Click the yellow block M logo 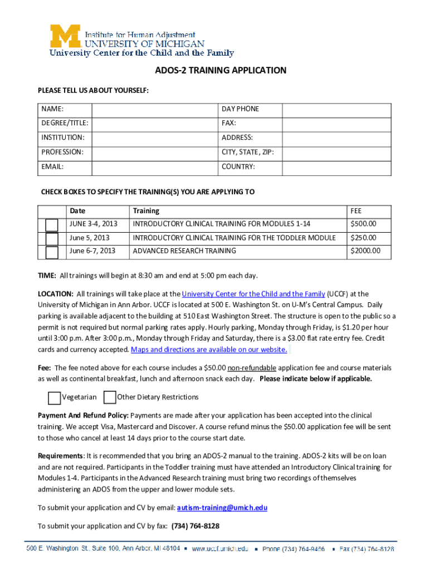click(x=66, y=36)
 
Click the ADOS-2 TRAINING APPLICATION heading click(x=220, y=71)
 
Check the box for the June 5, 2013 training click(x=52, y=238)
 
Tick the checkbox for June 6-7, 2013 click(x=52, y=252)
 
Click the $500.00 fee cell click(x=363, y=224)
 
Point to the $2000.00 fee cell click(x=365, y=251)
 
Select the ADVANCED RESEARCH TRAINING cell click(x=184, y=251)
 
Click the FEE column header click(x=355, y=211)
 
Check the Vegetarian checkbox click(x=54, y=397)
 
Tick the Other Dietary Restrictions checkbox click(x=110, y=397)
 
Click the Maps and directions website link click(x=209, y=350)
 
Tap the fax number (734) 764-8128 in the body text click(x=195, y=526)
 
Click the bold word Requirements click(x=61, y=456)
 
